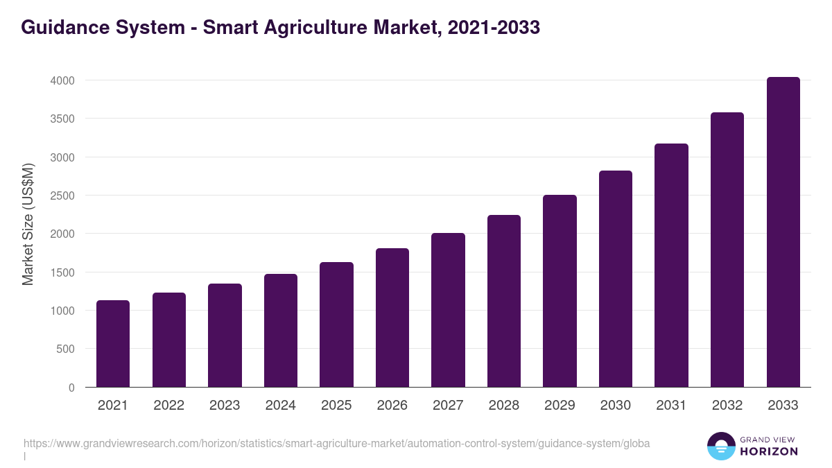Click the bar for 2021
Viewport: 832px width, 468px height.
(x=113, y=343)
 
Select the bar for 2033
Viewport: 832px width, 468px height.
(x=783, y=232)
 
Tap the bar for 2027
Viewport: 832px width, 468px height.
(x=448, y=310)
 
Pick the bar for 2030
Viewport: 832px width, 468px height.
(x=616, y=279)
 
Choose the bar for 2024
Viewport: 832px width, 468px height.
(x=281, y=330)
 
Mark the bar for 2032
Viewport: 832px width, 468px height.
(x=727, y=250)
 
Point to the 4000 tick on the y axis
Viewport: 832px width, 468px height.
(x=62, y=80)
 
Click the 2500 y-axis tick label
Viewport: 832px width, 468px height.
(x=62, y=196)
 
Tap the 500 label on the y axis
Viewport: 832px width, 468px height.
(x=65, y=349)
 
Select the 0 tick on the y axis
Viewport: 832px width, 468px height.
(x=71, y=388)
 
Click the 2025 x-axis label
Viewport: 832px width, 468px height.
(x=336, y=406)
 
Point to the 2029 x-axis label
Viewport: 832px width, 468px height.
(x=560, y=406)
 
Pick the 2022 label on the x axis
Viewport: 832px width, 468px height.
(x=168, y=406)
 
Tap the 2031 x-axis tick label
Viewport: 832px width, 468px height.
(x=671, y=406)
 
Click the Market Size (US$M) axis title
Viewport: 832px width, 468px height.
(x=28, y=225)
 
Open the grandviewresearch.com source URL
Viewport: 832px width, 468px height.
(x=336, y=444)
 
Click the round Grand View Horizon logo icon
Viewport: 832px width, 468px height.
(x=720, y=446)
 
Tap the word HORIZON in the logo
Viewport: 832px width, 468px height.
(x=769, y=451)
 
